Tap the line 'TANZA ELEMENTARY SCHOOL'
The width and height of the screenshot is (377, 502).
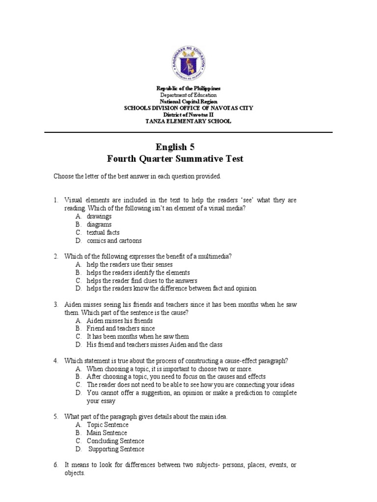[188, 122]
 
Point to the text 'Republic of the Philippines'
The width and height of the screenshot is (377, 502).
[188, 88]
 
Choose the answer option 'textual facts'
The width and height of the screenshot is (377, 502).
[103, 233]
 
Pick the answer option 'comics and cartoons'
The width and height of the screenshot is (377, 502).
[114, 241]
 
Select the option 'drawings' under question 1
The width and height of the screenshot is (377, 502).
[99, 216]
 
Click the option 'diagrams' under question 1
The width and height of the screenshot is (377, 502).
[99, 225]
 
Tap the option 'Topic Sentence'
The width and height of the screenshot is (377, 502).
[108, 425]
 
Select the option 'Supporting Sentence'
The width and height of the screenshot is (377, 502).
[116, 449]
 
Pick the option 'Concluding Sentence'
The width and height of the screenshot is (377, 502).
[115, 441]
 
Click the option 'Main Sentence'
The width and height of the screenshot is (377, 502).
[107, 433]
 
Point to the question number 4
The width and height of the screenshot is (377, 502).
[56, 361]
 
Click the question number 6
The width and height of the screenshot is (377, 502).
[56, 465]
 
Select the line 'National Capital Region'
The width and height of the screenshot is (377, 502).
[188, 101]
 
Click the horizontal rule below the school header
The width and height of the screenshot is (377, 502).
[188, 132]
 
